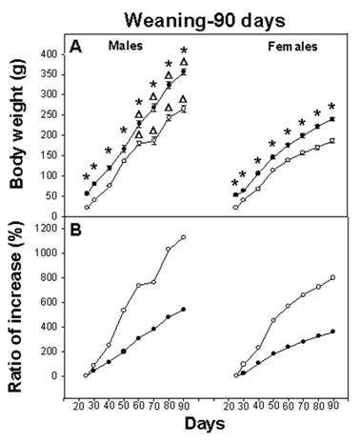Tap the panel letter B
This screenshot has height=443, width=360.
click(x=73, y=230)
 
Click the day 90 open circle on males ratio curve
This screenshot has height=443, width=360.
click(x=183, y=237)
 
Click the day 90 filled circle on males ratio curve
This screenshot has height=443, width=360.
click(x=183, y=309)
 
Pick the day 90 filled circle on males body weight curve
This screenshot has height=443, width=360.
click(x=183, y=72)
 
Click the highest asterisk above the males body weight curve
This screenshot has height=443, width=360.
click(x=184, y=50)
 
